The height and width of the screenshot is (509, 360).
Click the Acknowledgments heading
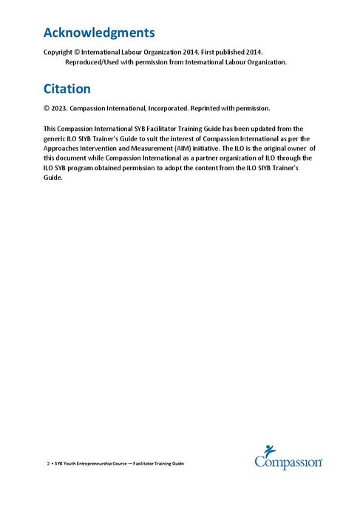(x=99, y=33)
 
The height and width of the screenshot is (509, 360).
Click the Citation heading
(x=67, y=89)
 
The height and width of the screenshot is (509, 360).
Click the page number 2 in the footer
(x=48, y=463)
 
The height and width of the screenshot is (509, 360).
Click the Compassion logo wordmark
(x=288, y=462)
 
